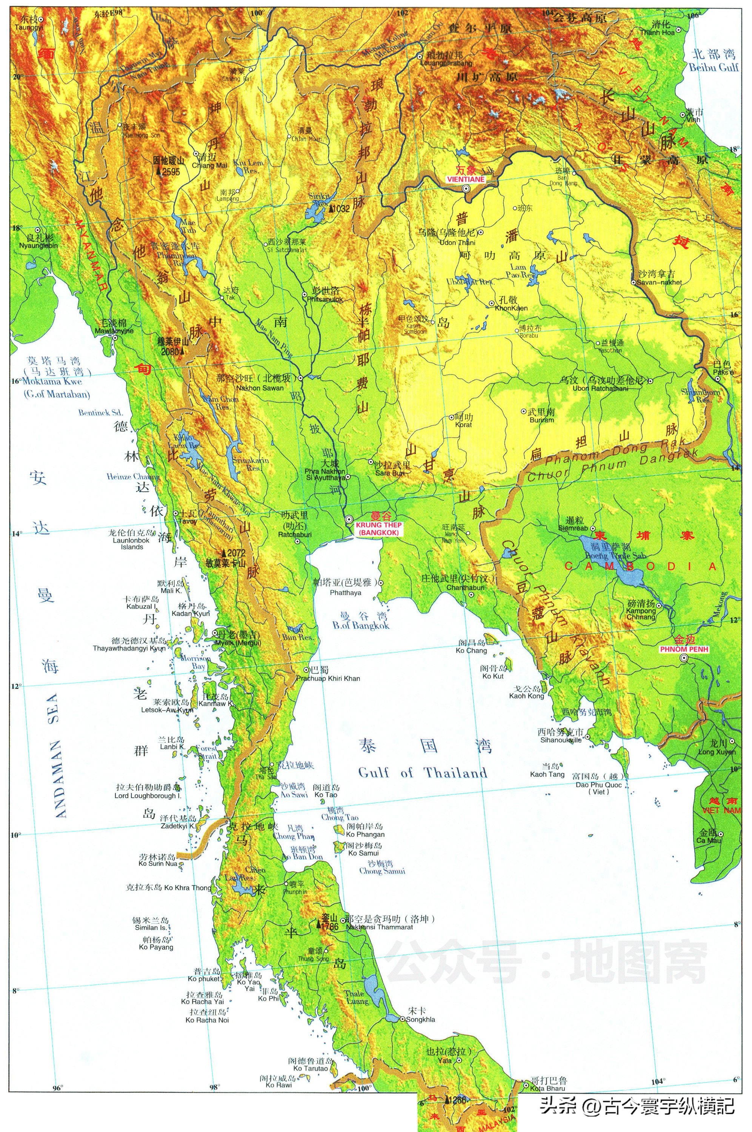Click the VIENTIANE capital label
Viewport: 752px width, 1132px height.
click(x=465, y=179)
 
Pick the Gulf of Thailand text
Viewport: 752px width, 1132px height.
click(x=422, y=773)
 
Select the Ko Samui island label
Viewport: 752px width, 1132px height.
click(x=363, y=853)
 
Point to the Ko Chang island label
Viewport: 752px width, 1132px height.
click(x=471, y=651)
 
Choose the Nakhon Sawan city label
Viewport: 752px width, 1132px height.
click(x=260, y=388)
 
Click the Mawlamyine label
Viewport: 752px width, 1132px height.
click(x=114, y=331)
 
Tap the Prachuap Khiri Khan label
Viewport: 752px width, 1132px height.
click(x=328, y=678)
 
